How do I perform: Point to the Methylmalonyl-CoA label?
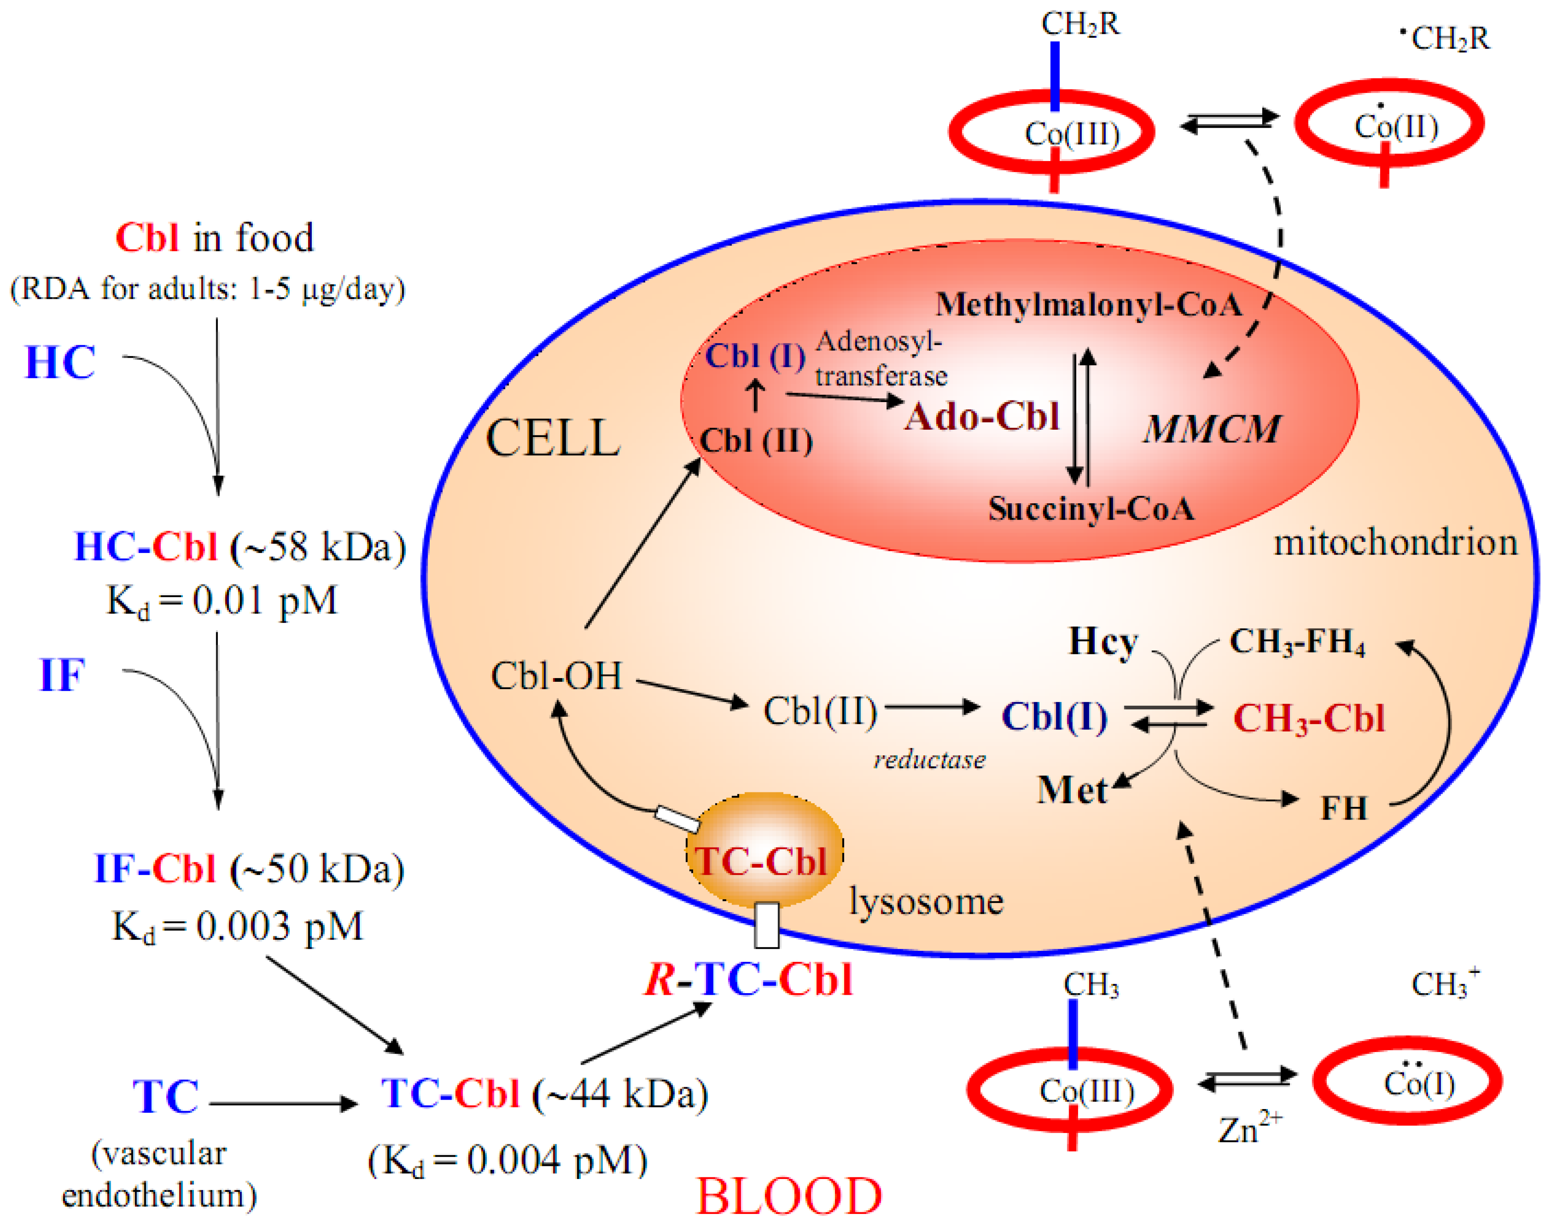click(1089, 305)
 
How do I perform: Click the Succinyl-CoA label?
click(1091, 509)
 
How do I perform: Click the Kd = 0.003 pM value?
click(237, 926)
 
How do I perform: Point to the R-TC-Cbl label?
click(748, 979)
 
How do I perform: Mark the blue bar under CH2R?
click(1054, 76)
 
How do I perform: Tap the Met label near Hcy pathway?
click(1071, 790)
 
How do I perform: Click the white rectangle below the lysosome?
click(766, 925)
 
